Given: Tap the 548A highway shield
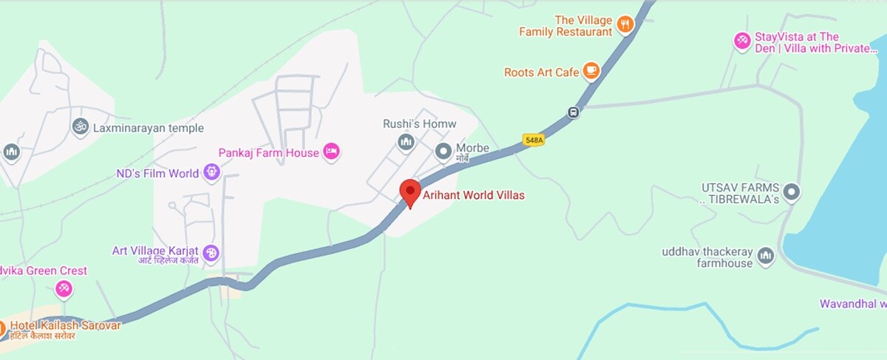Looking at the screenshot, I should click(533, 139).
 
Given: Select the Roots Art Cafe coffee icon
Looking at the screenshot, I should click(590, 71).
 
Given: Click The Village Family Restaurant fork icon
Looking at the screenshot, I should click(625, 25).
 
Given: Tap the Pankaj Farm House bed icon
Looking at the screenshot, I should click(332, 152).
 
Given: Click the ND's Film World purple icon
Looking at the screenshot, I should click(211, 173).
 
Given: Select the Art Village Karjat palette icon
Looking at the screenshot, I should click(211, 253).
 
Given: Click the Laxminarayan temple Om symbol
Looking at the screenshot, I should click(79, 128).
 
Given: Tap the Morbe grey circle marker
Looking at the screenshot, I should click(443, 152).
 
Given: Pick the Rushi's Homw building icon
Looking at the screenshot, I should click(405, 141).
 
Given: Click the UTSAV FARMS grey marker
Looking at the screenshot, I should click(792, 193).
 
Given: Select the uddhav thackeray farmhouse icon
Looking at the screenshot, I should click(765, 257).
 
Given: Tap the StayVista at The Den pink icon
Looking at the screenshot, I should click(741, 41).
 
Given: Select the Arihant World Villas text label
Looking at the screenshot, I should click(473, 196).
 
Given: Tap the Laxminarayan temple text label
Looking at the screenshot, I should click(149, 128).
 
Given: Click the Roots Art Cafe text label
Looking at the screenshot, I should click(541, 72).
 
